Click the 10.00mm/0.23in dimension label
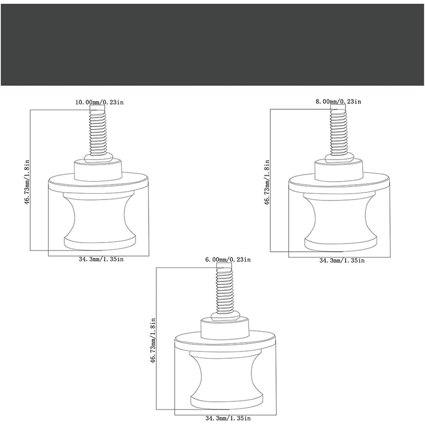(x=99, y=102)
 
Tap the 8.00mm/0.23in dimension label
(x=338, y=102)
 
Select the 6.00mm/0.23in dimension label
(x=228, y=260)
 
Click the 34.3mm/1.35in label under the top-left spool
(x=102, y=259)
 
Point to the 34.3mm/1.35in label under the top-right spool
(x=342, y=261)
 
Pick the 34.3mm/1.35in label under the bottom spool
(x=228, y=418)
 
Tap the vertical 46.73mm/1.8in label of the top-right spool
(x=267, y=182)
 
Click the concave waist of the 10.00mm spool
(x=99, y=217)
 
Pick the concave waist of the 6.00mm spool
(x=226, y=376)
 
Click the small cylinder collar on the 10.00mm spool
(x=98, y=171)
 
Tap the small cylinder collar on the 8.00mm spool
(x=338, y=170)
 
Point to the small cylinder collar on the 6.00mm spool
(x=224, y=329)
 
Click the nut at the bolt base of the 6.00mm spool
(x=224, y=316)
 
